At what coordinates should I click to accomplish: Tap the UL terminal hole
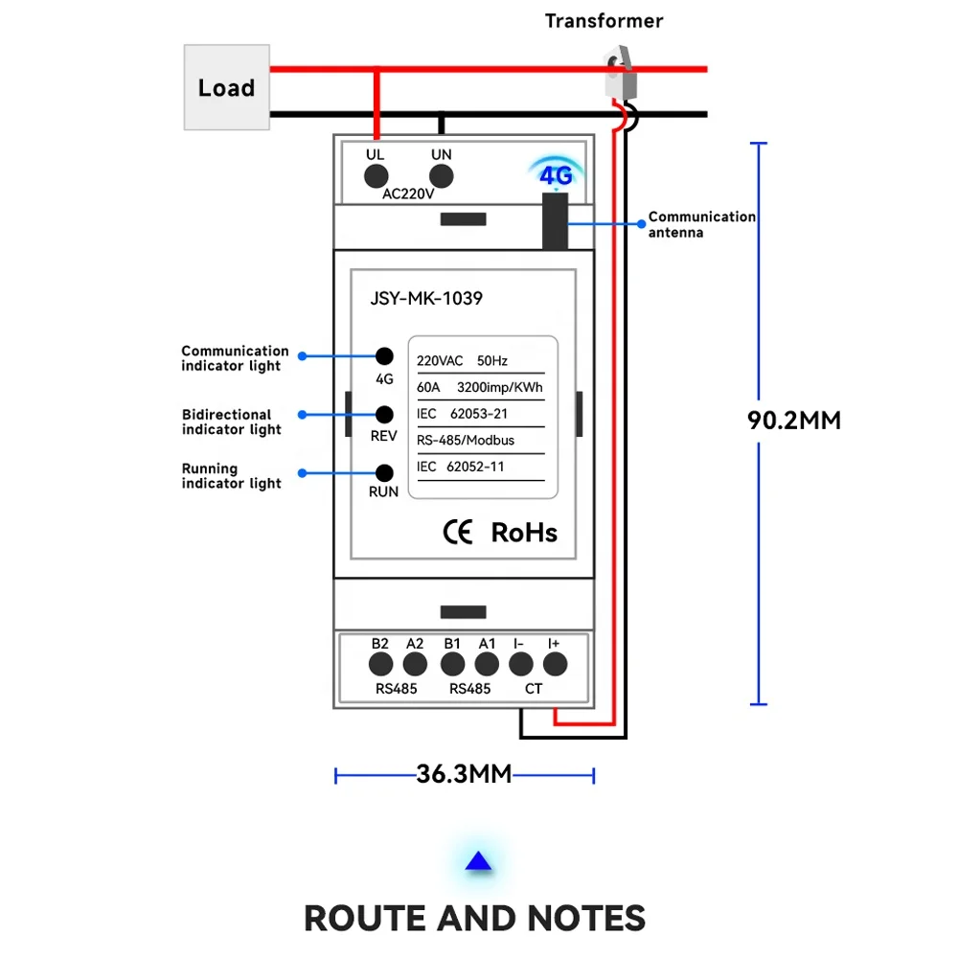tap(375, 175)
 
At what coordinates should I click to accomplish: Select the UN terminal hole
tap(441, 175)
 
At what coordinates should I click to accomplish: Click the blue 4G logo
tap(556, 176)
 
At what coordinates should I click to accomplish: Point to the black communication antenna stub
tap(554, 220)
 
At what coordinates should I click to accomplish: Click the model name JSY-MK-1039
tap(426, 298)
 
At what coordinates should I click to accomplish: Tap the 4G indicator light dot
tap(385, 355)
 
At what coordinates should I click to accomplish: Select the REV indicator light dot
tap(385, 414)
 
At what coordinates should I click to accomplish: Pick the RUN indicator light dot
tap(385, 471)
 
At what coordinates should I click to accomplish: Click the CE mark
tap(458, 533)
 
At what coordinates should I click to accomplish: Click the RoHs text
tap(523, 533)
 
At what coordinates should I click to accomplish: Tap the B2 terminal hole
tap(380, 664)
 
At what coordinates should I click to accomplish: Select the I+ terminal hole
tap(555, 664)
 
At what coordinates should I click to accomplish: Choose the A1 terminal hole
tap(487, 664)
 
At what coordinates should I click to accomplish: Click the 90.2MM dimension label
tap(793, 421)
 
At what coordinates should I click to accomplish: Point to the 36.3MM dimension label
tap(464, 774)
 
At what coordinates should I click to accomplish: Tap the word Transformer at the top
tap(604, 20)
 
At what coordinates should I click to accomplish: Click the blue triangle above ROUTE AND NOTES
tap(478, 863)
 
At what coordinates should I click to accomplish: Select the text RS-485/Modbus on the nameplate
tap(466, 440)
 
